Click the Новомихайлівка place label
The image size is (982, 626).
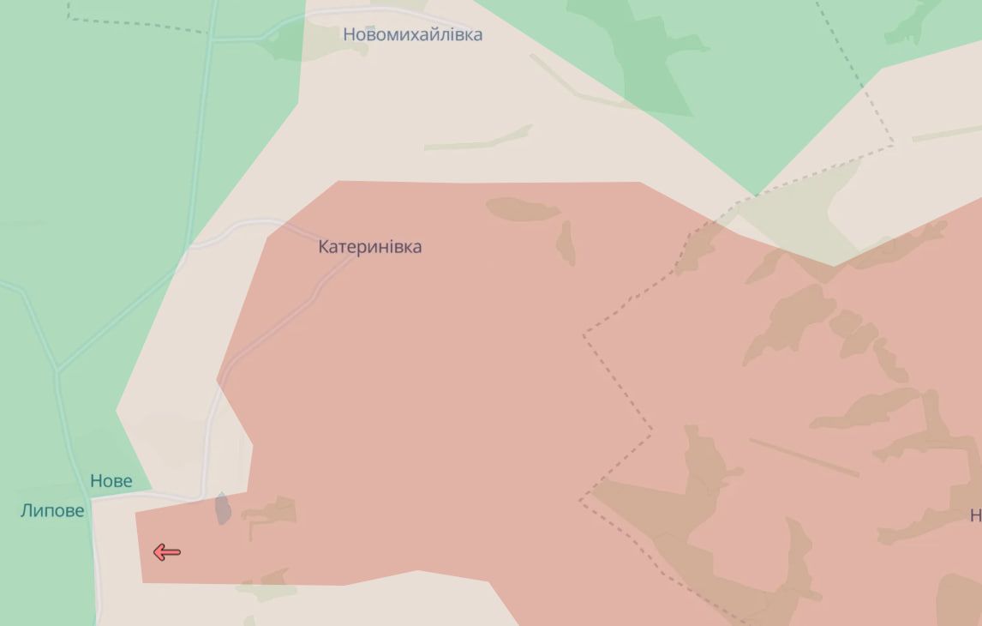tap(412, 35)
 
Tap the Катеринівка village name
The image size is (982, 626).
tap(369, 247)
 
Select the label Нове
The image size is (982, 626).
tap(111, 481)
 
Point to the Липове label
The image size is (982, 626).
tap(52, 511)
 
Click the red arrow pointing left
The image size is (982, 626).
tap(166, 552)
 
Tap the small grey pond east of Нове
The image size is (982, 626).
tap(223, 508)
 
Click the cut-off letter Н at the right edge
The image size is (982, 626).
tap(975, 515)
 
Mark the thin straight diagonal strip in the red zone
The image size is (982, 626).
tap(804, 457)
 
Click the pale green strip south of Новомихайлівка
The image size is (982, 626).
tap(480, 139)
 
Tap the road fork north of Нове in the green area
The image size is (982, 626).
tap(57, 370)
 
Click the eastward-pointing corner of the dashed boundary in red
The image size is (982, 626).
tap(651, 429)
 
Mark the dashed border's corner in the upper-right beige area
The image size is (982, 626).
tap(892, 144)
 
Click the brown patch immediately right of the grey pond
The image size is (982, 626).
tap(271, 513)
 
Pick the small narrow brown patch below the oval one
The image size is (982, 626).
tap(566, 243)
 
